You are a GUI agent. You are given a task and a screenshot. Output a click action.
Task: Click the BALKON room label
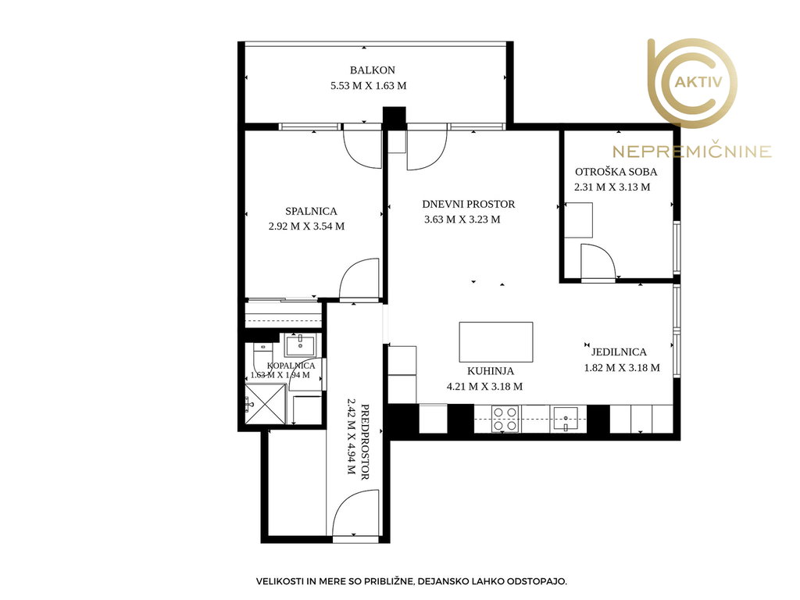click(373, 70)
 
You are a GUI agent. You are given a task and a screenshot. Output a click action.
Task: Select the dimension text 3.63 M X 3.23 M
click(462, 220)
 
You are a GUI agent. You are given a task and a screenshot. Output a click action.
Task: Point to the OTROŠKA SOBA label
click(616, 172)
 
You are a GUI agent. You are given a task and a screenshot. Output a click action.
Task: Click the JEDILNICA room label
click(619, 352)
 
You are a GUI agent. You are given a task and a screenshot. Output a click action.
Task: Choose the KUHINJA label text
click(491, 371)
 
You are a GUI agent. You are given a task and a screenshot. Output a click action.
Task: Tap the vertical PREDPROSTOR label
click(365, 442)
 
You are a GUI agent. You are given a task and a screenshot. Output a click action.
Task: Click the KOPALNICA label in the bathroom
click(291, 366)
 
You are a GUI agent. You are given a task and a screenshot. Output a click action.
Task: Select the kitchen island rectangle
click(496, 342)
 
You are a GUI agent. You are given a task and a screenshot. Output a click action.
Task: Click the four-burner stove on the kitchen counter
click(505, 419)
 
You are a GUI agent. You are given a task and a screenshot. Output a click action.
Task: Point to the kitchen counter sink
click(566, 419)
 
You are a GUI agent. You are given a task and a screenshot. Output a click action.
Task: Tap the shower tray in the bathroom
click(266, 404)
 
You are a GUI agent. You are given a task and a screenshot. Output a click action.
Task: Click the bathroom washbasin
click(300, 345)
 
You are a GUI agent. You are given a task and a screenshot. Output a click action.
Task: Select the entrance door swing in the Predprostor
click(355, 512)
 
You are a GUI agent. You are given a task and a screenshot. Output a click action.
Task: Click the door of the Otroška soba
click(598, 262)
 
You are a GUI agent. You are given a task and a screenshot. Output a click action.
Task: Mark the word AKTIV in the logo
click(698, 82)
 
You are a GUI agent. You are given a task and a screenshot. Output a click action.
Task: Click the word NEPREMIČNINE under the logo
click(692, 152)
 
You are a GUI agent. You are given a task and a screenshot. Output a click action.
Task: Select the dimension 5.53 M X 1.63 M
click(369, 86)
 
